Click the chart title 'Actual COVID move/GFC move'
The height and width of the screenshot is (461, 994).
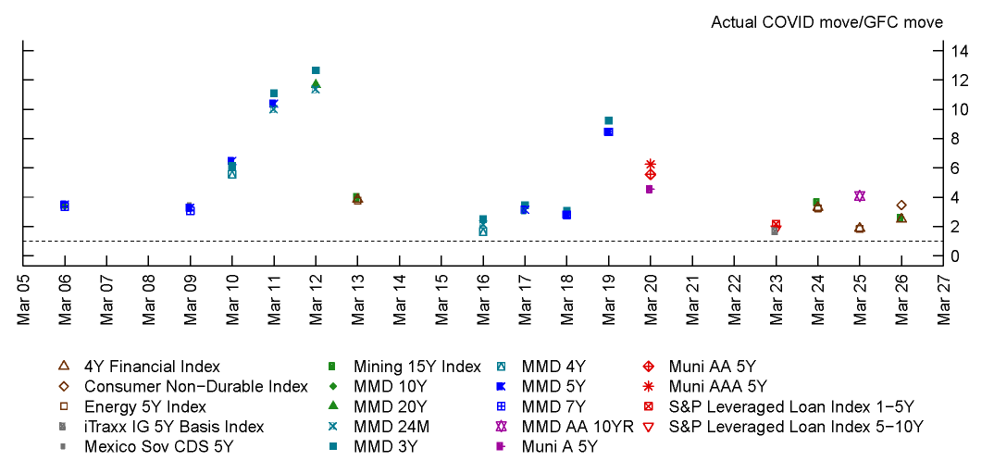coord(826,21)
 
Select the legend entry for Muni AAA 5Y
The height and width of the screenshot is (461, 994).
coord(718,386)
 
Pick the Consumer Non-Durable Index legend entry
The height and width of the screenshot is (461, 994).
coord(195,386)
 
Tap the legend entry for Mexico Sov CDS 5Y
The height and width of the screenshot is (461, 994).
coord(158,446)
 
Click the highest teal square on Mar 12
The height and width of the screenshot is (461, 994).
coord(316,70)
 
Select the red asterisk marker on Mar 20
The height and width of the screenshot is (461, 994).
coord(651,164)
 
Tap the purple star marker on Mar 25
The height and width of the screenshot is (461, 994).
coord(860,195)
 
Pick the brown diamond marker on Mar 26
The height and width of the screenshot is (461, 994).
coord(901,205)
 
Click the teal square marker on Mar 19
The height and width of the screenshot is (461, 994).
coord(609,120)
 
